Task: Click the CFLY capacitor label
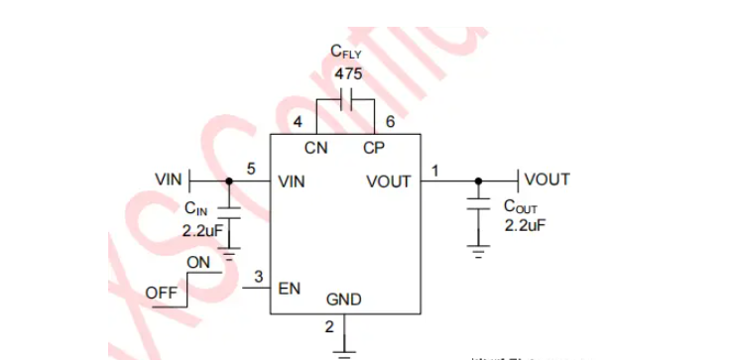[346, 54]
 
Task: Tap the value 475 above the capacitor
[347, 74]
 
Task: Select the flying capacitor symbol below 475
[346, 101]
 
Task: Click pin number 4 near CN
[298, 122]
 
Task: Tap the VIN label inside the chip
[293, 182]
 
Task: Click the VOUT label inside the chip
[388, 182]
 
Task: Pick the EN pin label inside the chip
[290, 290]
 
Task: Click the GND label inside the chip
[344, 300]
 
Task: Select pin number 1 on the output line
[433, 170]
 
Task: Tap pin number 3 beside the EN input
[258, 277]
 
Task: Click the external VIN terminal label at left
[169, 180]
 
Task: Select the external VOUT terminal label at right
[547, 180]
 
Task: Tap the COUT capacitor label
[520, 207]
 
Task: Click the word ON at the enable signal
[198, 261]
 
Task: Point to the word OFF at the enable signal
[161, 293]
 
